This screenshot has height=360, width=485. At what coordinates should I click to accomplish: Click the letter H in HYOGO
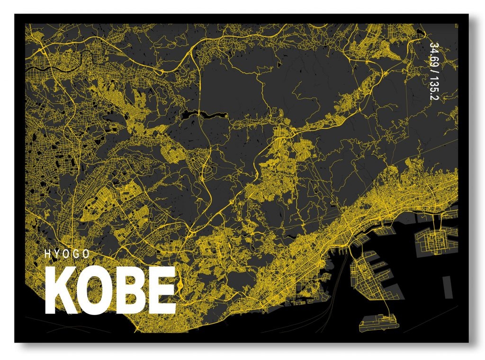47,254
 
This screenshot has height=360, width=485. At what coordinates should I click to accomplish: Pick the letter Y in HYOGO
57,254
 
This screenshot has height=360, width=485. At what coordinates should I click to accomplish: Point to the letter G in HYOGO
77,254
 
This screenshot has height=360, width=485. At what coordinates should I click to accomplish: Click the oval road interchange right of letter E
180,286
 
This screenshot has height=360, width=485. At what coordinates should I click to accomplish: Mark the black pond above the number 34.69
420,34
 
